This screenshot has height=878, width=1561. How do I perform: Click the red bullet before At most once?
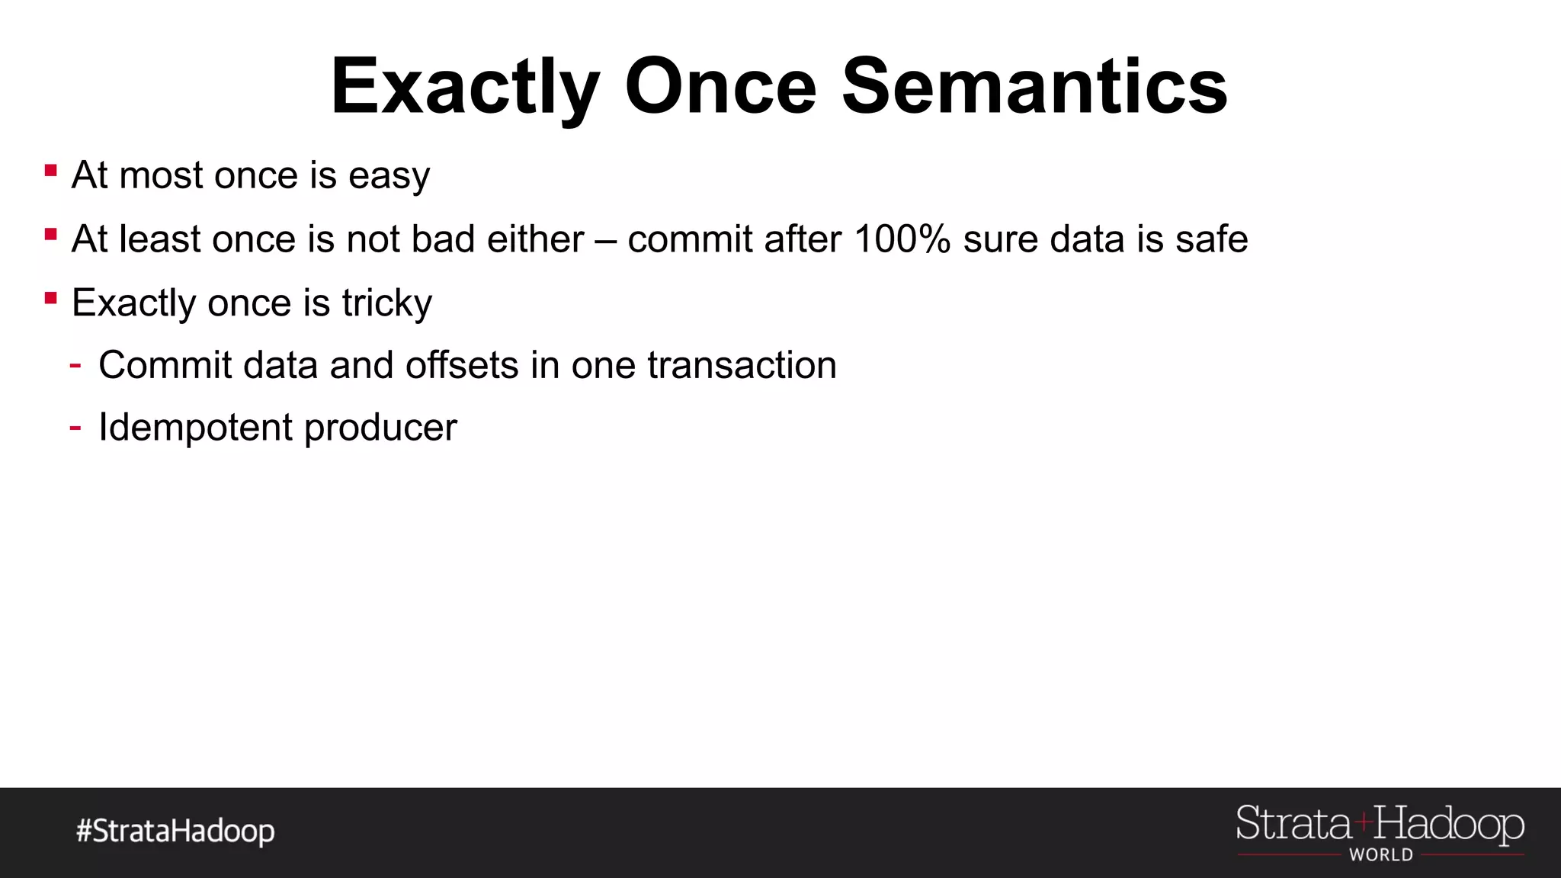pos(51,171)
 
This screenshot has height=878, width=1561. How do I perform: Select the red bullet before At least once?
pos(51,235)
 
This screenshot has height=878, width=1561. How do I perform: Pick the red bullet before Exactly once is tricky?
pos(51,298)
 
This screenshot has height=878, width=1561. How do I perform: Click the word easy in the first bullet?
pos(389,177)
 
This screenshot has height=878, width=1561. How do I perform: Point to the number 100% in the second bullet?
pos(902,239)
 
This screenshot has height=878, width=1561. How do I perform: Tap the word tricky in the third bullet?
pos(386,303)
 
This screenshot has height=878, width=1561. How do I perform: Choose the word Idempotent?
pos(195,428)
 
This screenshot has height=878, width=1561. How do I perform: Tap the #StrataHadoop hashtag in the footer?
pos(175,831)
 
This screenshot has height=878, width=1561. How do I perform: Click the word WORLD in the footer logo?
pos(1380,855)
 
